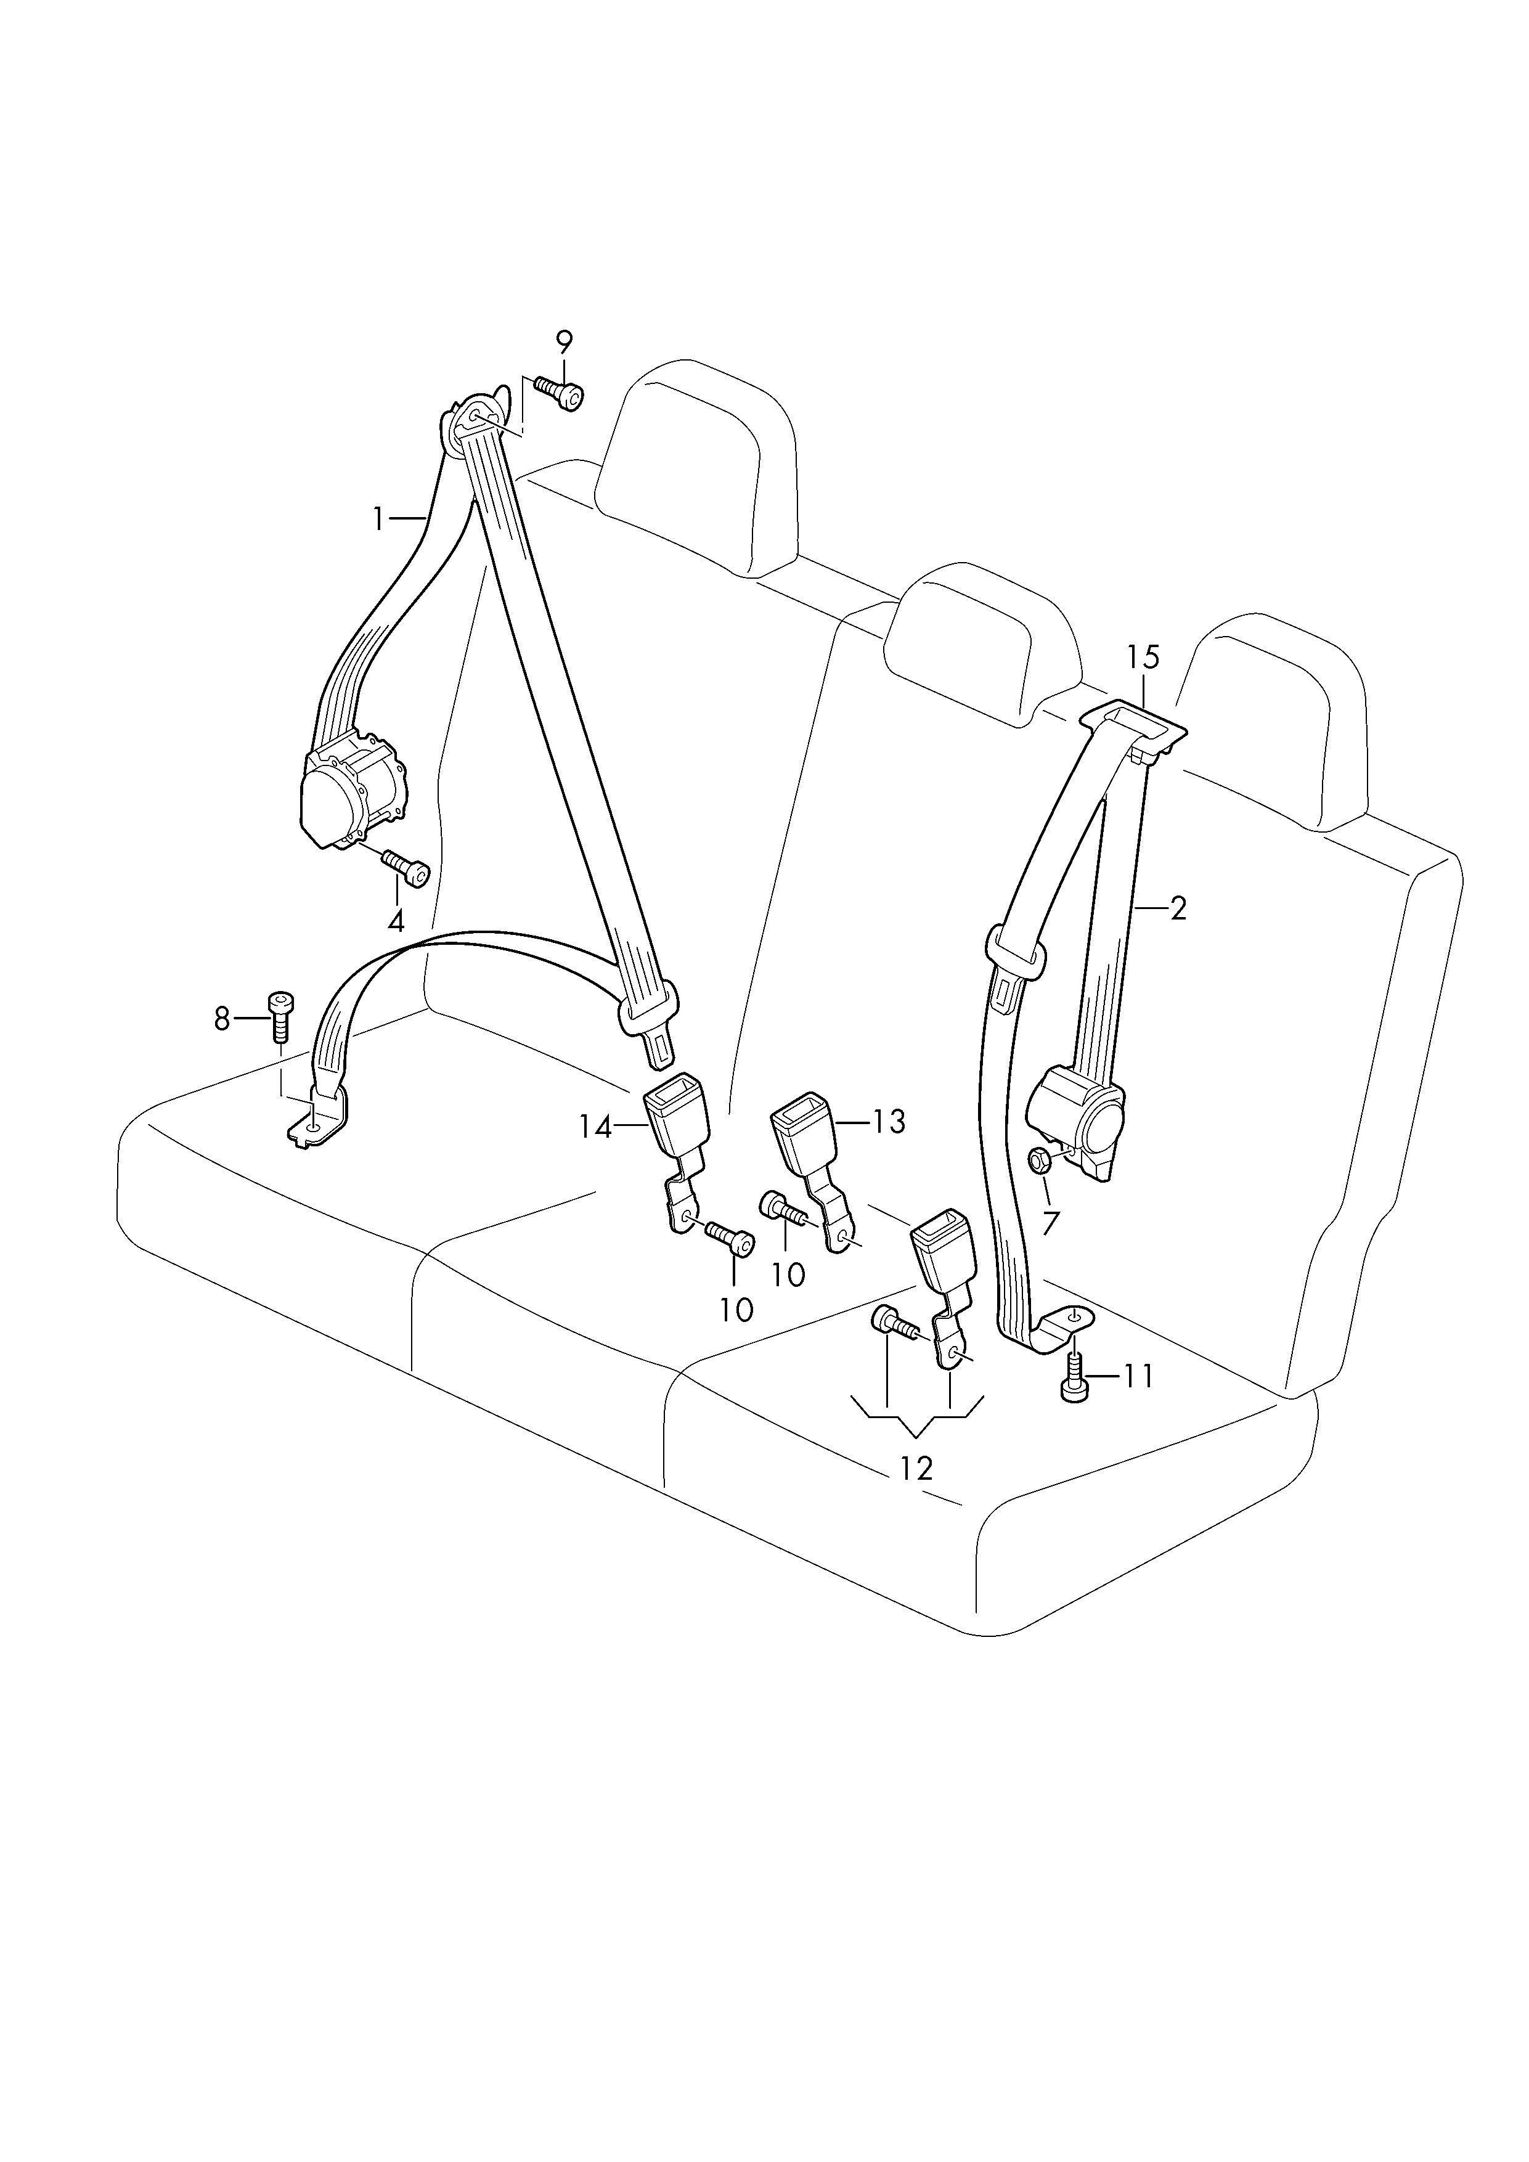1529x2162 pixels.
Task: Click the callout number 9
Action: [x=564, y=342]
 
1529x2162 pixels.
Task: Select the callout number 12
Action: [x=915, y=1468]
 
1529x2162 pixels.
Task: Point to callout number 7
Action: [x=1051, y=1223]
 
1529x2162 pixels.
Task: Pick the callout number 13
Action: [x=888, y=1122]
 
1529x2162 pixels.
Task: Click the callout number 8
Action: [x=222, y=1019]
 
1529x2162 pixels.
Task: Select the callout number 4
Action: [x=396, y=921]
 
